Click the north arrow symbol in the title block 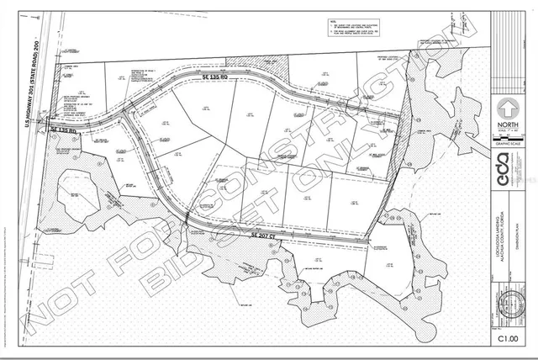(x=507, y=109)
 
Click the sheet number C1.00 (x=506, y=339)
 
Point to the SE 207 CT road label (x=265, y=238)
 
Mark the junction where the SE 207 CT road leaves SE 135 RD (x=124, y=122)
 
